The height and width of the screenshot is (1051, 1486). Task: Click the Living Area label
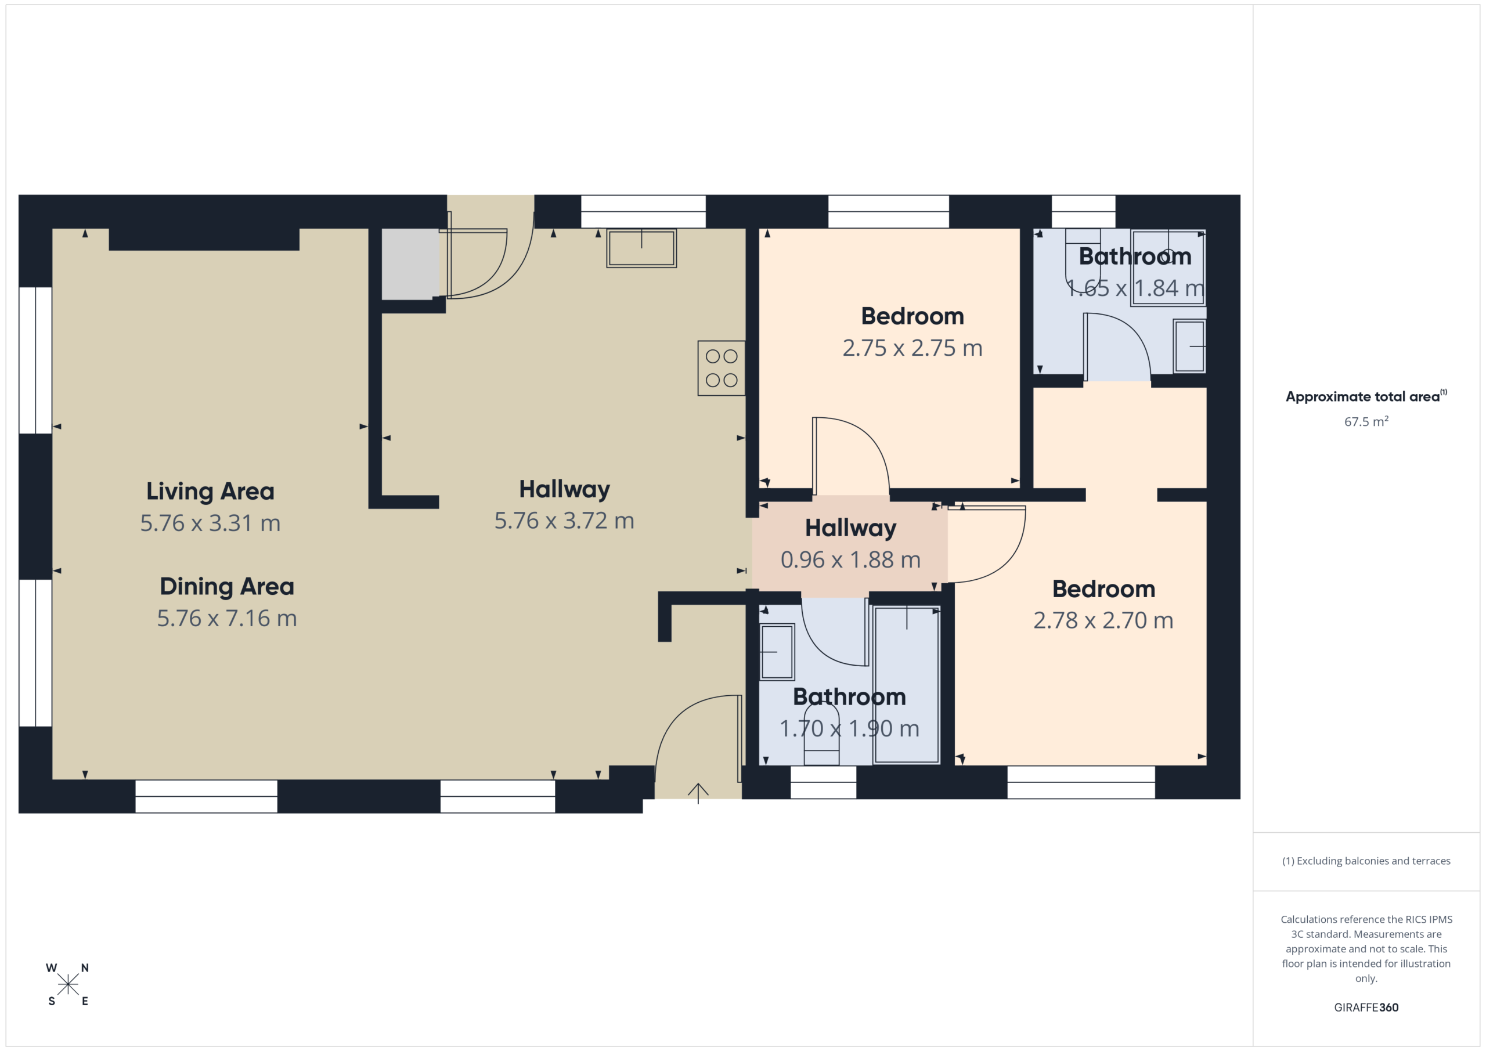click(x=210, y=491)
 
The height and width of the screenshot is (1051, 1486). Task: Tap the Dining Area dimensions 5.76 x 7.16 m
click(x=227, y=618)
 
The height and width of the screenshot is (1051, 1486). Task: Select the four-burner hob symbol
click(x=721, y=367)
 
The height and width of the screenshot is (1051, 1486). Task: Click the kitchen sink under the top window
click(x=641, y=248)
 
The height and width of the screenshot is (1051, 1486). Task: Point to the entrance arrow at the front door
click(x=698, y=793)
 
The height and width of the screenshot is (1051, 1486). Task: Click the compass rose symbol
click(x=68, y=984)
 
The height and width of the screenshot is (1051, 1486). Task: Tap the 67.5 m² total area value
click(x=1366, y=421)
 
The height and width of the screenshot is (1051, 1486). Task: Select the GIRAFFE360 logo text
click(x=1366, y=1007)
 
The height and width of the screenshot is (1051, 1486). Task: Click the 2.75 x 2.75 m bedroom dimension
click(x=912, y=348)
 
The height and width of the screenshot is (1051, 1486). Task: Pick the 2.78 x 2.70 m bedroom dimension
click(x=1103, y=620)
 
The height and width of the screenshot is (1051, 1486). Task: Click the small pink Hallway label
click(x=850, y=528)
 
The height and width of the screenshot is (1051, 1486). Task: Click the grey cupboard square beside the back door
click(x=410, y=264)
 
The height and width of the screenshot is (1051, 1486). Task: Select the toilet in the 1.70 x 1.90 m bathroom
click(x=821, y=735)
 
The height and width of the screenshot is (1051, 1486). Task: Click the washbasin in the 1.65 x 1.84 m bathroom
click(x=1189, y=346)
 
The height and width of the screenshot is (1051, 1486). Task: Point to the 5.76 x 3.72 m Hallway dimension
click(x=564, y=521)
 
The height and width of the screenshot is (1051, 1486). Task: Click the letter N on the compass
click(x=85, y=967)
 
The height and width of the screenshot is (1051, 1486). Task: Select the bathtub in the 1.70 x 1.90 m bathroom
click(x=907, y=685)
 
